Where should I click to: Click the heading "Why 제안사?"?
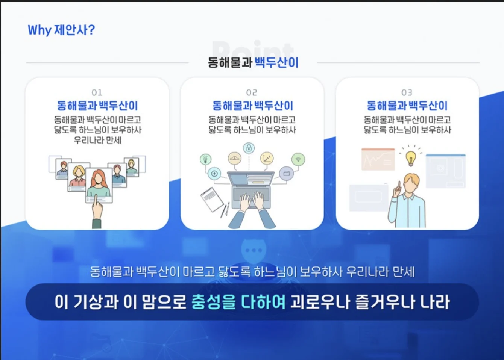[x=61, y=30]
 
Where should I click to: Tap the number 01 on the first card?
[x=97, y=92]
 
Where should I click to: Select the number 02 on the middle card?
[x=252, y=92]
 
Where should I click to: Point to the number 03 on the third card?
[x=407, y=92]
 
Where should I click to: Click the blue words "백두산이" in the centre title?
[x=276, y=62]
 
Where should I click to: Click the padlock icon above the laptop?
[x=249, y=148]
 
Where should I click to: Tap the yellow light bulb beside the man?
[x=411, y=159]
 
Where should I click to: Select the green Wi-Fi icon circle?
[x=298, y=159]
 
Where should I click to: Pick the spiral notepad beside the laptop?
[x=212, y=200]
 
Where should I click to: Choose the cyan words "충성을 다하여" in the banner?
[x=238, y=302]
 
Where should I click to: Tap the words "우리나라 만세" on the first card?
[x=98, y=140]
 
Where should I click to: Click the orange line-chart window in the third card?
[x=378, y=159]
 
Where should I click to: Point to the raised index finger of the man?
[x=399, y=186]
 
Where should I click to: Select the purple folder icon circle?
[x=287, y=173]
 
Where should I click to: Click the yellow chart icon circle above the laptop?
[x=267, y=158]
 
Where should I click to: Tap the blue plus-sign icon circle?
[x=214, y=174]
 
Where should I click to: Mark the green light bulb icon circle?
[x=206, y=159]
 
